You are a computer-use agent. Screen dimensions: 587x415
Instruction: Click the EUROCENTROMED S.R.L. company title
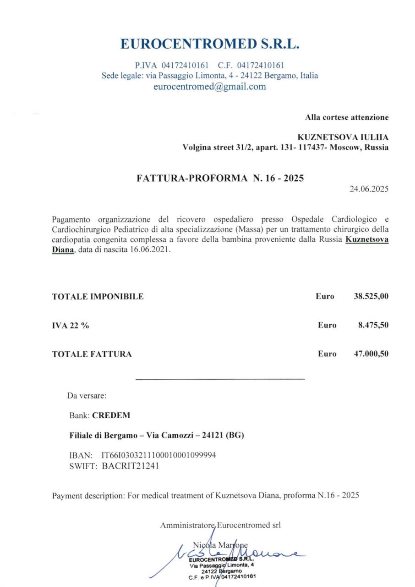tap(210, 44)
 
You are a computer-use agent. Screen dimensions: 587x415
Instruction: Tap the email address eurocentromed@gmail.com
tap(209, 86)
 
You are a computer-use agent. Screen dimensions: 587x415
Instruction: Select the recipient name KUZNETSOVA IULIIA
tap(343, 137)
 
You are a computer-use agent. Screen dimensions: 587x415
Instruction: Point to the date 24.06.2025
tap(369, 189)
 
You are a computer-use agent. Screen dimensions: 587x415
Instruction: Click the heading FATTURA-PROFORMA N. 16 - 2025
tap(220, 178)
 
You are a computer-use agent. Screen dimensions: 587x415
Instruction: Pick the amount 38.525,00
tap(371, 296)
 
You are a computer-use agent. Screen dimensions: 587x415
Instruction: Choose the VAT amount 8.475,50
tap(373, 325)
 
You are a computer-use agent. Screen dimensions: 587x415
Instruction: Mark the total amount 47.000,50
tap(371, 354)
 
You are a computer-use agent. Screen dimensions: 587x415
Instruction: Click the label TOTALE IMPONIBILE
tap(98, 296)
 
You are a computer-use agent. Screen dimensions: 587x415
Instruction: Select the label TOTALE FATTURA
tap(92, 354)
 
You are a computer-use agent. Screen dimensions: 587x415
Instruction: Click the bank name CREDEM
tap(111, 415)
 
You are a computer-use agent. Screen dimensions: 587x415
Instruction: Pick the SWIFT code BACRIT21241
tap(131, 466)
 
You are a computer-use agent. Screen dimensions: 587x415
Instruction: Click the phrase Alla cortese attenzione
tap(347, 117)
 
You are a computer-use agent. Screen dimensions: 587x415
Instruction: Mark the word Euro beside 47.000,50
tap(327, 354)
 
